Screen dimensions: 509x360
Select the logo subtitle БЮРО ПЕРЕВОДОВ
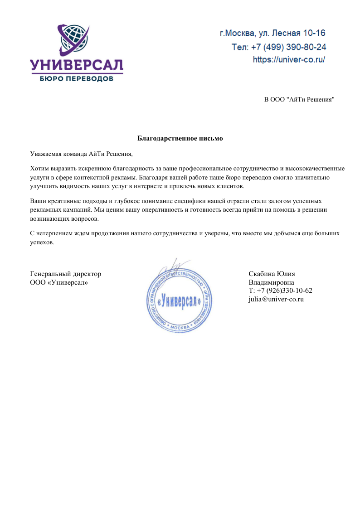pyautogui.click(x=77, y=78)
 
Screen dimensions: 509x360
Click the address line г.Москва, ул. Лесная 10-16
pyautogui.click(x=272, y=33)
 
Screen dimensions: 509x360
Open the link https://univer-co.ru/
pyautogui.click(x=289, y=59)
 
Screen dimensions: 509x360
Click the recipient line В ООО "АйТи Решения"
pyautogui.click(x=299, y=99)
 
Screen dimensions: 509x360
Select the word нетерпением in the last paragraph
pyautogui.click(x=54, y=233)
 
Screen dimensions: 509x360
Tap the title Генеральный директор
pyautogui.click(x=65, y=274)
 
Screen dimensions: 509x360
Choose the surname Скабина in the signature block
pyautogui.click(x=262, y=274)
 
